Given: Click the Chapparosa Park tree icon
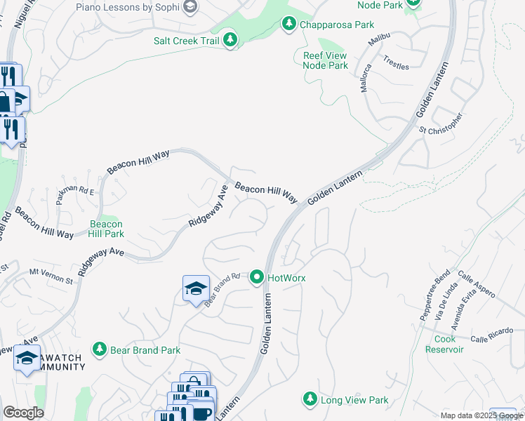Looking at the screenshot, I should click(x=288, y=25).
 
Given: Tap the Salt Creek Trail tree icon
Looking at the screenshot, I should click(x=230, y=41).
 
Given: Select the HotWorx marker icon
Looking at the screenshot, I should click(x=257, y=278).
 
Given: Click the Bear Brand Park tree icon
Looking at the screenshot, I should click(x=100, y=349).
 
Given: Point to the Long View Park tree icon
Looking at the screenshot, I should click(x=310, y=399).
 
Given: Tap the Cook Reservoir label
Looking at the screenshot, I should click(x=444, y=344).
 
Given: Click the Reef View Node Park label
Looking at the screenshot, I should click(x=325, y=60).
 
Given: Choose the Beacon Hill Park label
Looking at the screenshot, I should click(x=107, y=229).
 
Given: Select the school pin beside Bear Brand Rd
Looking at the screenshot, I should click(x=196, y=288).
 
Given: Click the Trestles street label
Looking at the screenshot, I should click(x=396, y=62).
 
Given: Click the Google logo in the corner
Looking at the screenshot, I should click(x=23, y=413).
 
